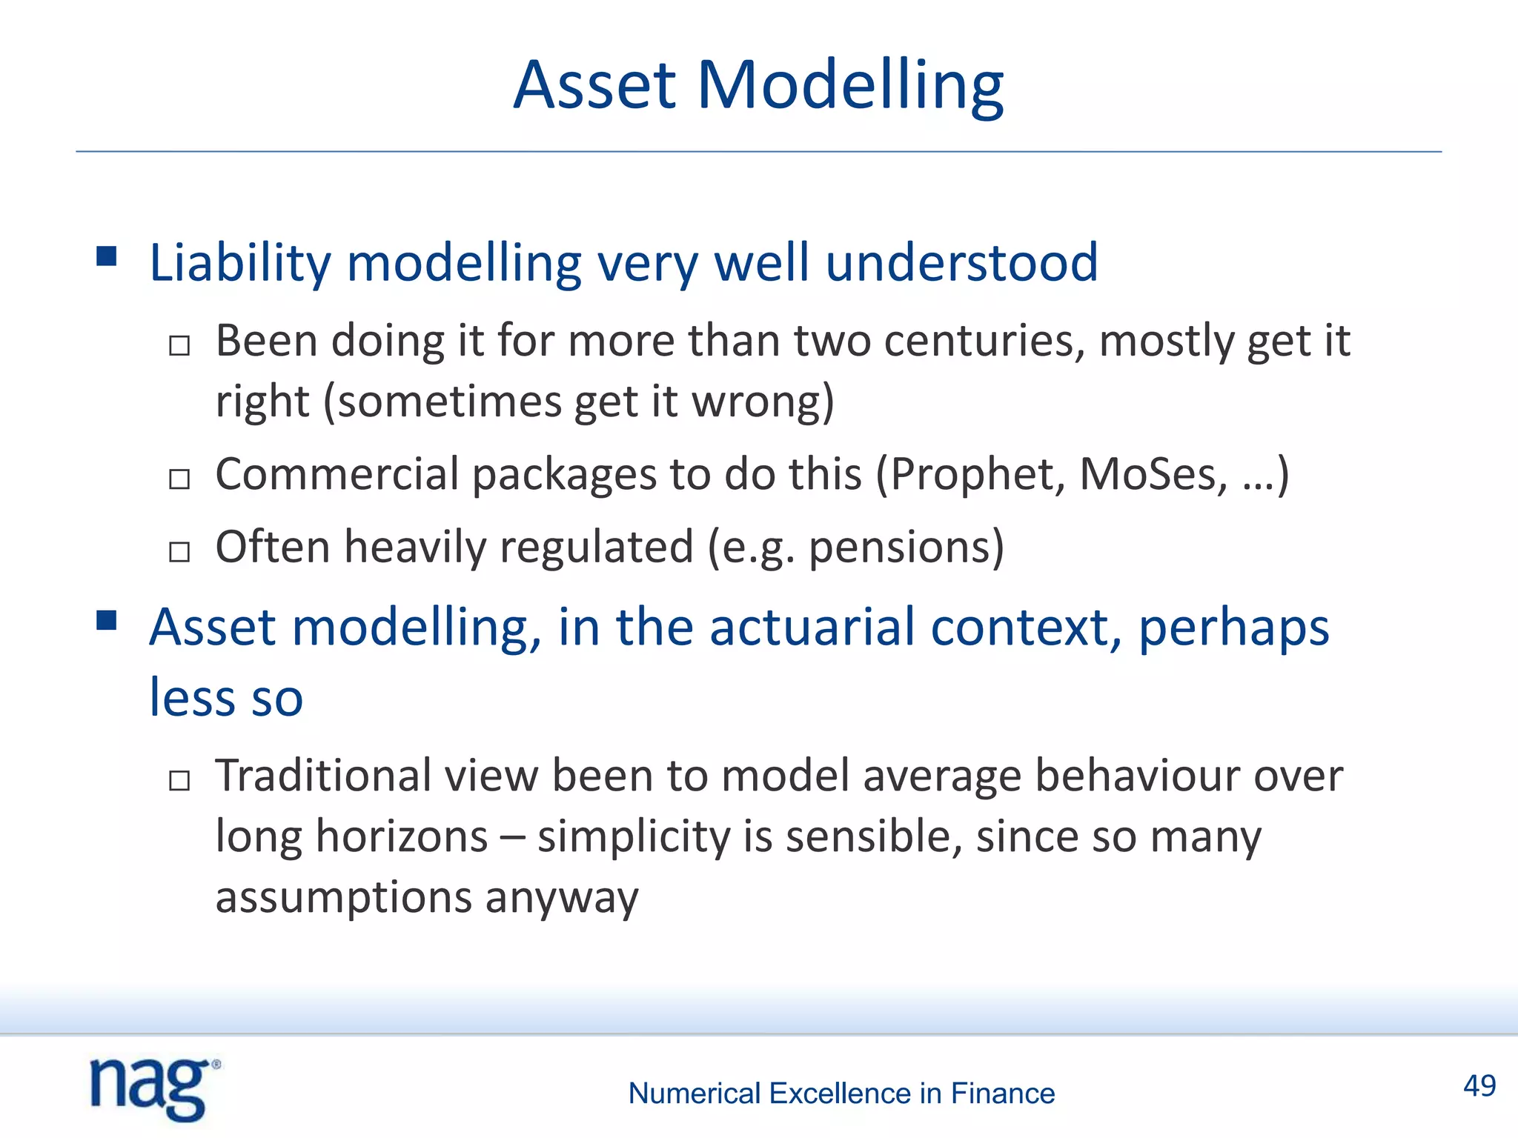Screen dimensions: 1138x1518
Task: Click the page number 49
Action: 1479,1086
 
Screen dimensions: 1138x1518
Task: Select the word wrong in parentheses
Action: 755,402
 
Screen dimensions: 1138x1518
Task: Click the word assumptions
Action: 343,898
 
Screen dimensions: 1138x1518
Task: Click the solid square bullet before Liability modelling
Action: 107,256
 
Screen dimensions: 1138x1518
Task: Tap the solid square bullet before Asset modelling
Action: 107,620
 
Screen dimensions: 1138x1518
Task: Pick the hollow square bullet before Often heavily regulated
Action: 179,552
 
